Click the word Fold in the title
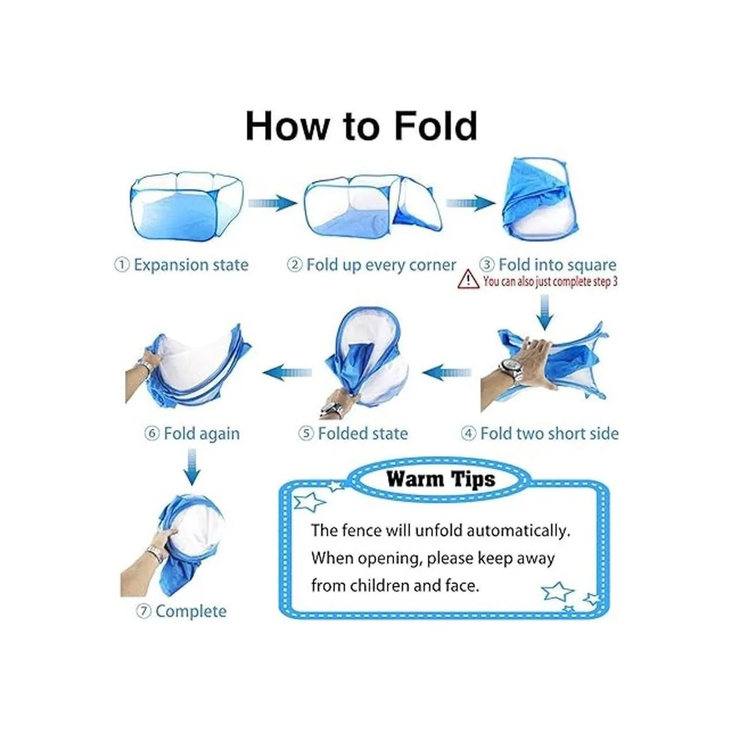[435, 125]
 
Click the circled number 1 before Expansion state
[122, 265]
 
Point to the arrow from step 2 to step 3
[470, 203]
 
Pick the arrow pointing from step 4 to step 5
[446, 372]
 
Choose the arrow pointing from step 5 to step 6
[287, 372]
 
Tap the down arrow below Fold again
[192, 467]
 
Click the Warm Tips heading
[441, 479]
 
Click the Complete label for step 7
[191, 611]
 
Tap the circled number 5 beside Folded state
[306, 434]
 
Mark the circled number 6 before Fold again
[151, 434]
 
